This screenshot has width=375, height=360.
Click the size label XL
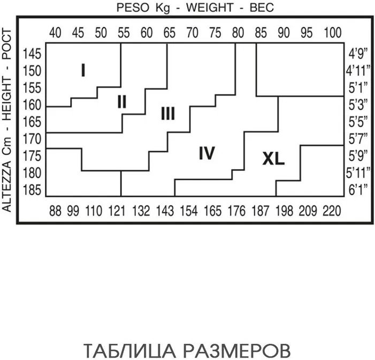273,159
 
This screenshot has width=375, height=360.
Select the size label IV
206,154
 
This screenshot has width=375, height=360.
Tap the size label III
167,113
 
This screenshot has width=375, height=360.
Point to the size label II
122,101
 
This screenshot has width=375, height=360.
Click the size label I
83,70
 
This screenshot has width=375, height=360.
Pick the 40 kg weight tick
55,33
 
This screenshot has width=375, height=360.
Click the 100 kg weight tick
332,33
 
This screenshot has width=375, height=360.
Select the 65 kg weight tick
170,33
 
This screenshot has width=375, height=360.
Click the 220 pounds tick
332,211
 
